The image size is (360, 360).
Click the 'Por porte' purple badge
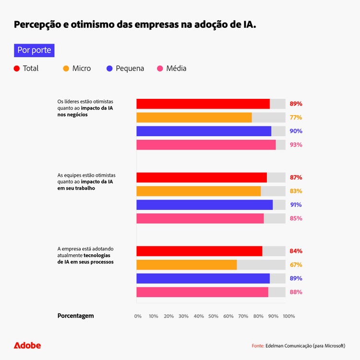tap(34, 50)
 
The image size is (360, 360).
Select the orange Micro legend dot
tap(66, 69)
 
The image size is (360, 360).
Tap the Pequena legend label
tap(130, 69)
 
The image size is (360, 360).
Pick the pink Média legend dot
tap(160, 69)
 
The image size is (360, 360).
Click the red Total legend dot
tap(17, 69)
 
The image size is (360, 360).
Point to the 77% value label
tap(296, 118)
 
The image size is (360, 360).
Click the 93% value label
tap(296, 145)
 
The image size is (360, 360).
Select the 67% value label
tap(296, 265)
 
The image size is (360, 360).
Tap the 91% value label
tap(296, 205)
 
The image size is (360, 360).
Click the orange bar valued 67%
tap(186, 265)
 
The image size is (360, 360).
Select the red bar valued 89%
tap(203, 104)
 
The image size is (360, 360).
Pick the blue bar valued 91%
tap(204, 205)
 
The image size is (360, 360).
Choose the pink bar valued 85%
tap(200, 218)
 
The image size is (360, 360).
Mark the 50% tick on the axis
tap(214, 316)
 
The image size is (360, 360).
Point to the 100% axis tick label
tap(289, 316)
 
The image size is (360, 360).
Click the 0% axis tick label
tap(138, 316)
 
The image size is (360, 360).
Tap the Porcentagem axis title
tap(75, 316)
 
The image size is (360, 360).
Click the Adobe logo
tap(27, 346)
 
